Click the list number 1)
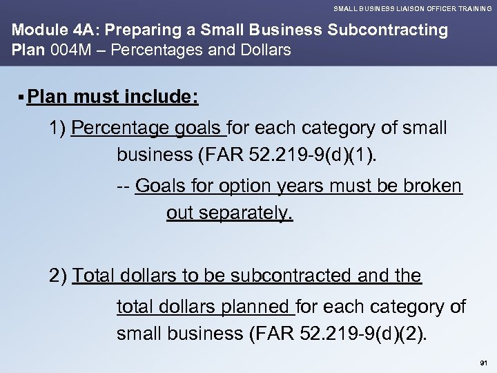[58, 128]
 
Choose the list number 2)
[58, 276]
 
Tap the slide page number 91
[482, 362]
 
